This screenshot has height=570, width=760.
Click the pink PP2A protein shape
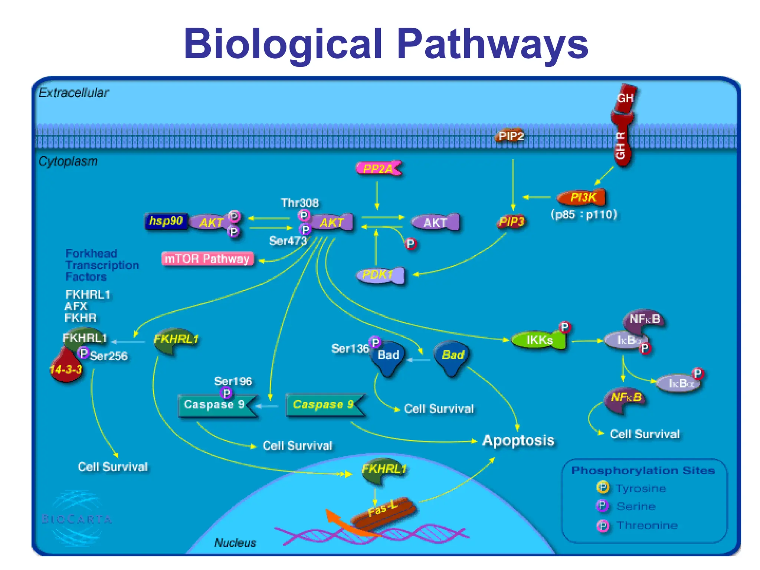(378, 169)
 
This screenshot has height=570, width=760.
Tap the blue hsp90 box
(166, 221)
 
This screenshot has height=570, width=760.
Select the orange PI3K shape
(583, 197)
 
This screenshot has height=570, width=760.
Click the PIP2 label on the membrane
(511, 136)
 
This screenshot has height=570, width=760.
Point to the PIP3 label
(511, 222)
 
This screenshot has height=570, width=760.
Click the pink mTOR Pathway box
(207, 259)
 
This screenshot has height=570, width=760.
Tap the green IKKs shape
(539, 340)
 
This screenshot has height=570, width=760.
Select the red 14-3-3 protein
(66, 368)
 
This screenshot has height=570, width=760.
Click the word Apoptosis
(518, 440)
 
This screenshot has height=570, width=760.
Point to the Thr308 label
(299, 203)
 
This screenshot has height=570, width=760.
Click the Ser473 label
(288, 241)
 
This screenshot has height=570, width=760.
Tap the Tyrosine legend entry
(641, 488)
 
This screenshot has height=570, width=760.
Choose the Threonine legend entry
(647, 525)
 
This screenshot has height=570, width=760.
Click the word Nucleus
(235, 543)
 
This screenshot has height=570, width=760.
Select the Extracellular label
(73, 92)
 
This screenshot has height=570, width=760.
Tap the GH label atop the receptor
(625, 98)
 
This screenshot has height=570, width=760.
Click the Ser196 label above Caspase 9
(233, 381)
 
